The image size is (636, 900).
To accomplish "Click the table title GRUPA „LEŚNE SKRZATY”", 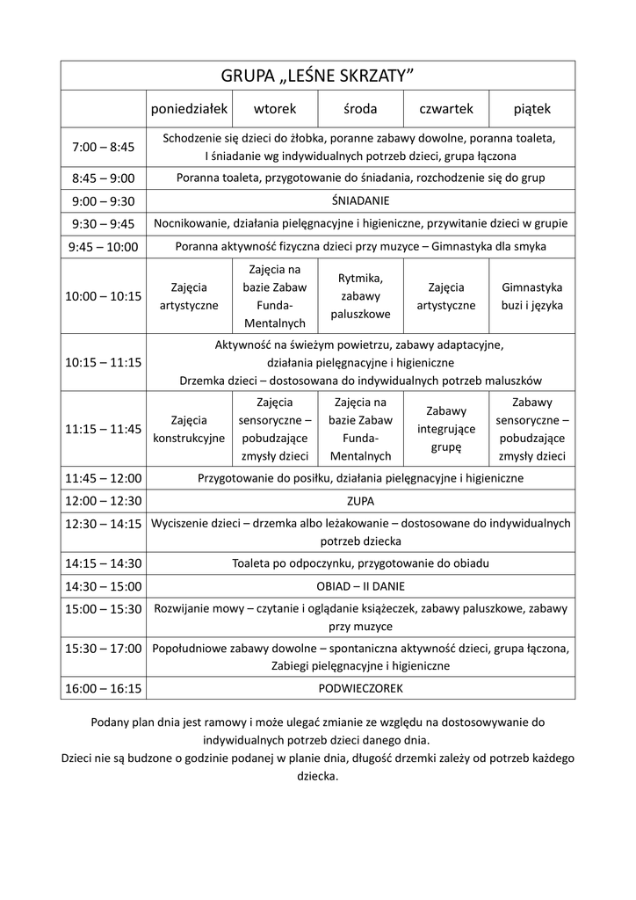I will [317, 76].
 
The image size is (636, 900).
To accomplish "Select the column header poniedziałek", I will [190, 109].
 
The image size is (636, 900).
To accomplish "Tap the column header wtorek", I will [275, 109].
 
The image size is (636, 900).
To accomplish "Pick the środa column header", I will [360, 109].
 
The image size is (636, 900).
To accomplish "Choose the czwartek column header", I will [446, 109].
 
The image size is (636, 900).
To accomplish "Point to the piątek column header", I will [532, 109].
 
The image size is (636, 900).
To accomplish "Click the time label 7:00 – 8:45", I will [104, 147].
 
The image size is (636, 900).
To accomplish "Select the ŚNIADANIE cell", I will [360, 200].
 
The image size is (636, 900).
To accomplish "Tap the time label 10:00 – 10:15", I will [104, 296].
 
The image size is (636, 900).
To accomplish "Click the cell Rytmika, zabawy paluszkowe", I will [360, 295].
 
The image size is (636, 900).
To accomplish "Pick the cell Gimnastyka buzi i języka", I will [532, 296].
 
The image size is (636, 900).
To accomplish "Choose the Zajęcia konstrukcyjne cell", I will [190, 429].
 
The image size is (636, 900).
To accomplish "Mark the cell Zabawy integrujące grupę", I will [446, 429].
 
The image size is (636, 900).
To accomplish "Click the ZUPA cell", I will [360, 501].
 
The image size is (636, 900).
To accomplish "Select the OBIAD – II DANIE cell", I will [360, 586].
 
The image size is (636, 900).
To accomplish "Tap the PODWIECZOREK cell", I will [360, 688].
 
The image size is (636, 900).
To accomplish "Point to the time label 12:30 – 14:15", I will [104, 524].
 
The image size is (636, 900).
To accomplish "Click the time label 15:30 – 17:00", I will [104, 649].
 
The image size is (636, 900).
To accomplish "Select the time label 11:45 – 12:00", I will [104, 478].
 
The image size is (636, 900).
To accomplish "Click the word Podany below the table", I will [112, 722].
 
